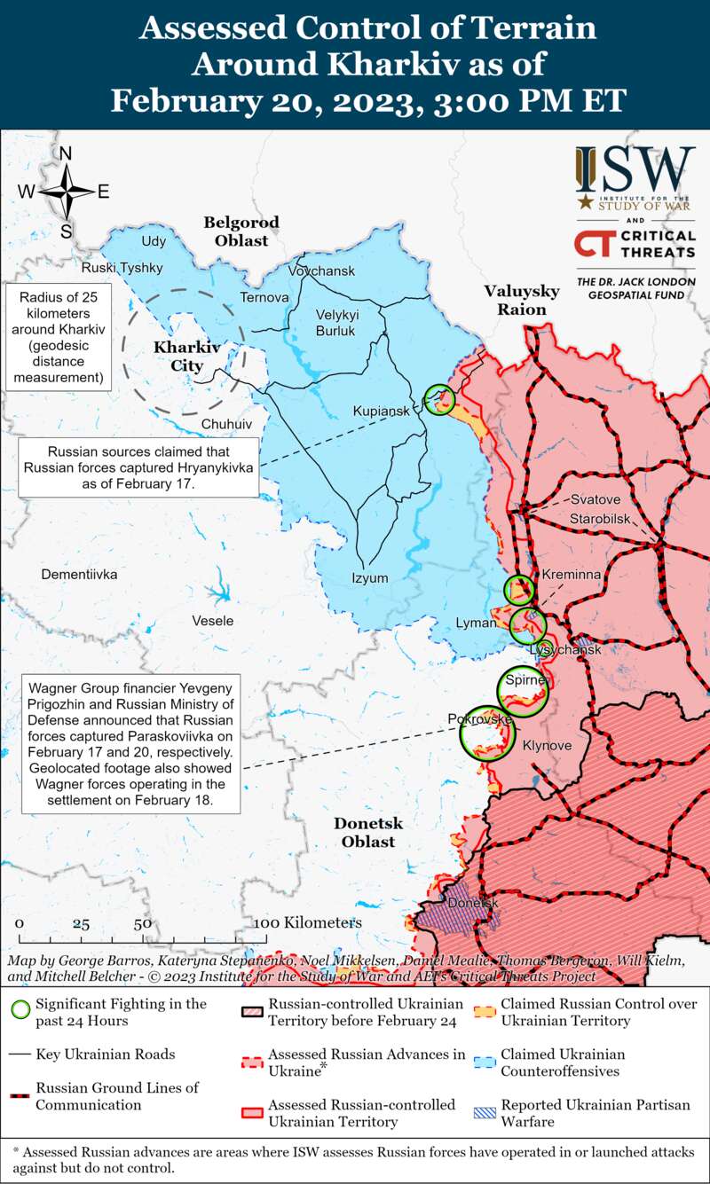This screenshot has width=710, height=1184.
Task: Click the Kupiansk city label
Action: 382,412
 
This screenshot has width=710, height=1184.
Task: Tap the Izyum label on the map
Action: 370,578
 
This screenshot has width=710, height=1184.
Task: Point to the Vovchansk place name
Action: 321,271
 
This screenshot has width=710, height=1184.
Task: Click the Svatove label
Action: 595,499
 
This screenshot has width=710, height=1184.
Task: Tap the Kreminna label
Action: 572,575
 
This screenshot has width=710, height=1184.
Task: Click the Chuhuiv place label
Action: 226,424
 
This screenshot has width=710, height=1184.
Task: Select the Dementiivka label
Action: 79,575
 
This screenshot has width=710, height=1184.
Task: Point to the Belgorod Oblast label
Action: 241,231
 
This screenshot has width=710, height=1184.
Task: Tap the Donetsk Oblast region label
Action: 368,832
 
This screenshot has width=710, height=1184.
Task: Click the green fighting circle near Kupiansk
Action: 438,400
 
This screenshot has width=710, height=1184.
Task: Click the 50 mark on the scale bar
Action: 142,923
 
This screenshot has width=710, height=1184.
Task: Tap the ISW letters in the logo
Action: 634,169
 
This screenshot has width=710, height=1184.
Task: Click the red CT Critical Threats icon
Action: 593,244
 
